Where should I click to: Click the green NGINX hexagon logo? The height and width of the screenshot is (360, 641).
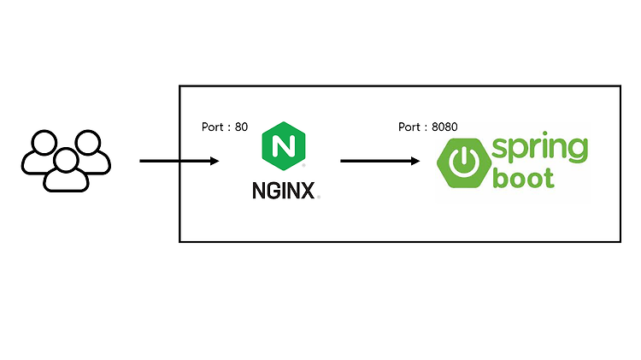283,145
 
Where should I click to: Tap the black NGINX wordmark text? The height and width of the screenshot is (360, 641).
283,191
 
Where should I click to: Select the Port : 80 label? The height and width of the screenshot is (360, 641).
225,127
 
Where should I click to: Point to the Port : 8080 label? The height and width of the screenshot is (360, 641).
427,127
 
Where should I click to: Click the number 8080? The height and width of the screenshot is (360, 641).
444,127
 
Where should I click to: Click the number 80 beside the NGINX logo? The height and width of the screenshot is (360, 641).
241,127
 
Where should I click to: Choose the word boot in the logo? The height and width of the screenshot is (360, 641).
523,178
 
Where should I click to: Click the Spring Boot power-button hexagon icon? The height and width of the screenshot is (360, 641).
464,162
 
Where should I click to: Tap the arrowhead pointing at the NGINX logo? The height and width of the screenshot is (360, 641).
215,161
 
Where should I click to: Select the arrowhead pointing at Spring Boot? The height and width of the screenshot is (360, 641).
415,161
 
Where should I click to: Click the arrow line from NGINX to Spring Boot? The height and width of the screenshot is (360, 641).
380,161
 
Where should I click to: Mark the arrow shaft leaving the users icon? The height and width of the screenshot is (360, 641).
175,161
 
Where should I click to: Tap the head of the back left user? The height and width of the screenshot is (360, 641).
44,142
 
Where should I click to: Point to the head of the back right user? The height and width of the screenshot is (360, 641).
88,142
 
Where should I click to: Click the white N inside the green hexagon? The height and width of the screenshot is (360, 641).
283,145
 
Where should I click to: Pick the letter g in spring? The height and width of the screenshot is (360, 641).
576,150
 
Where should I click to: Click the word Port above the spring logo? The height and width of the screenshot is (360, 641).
409,127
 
